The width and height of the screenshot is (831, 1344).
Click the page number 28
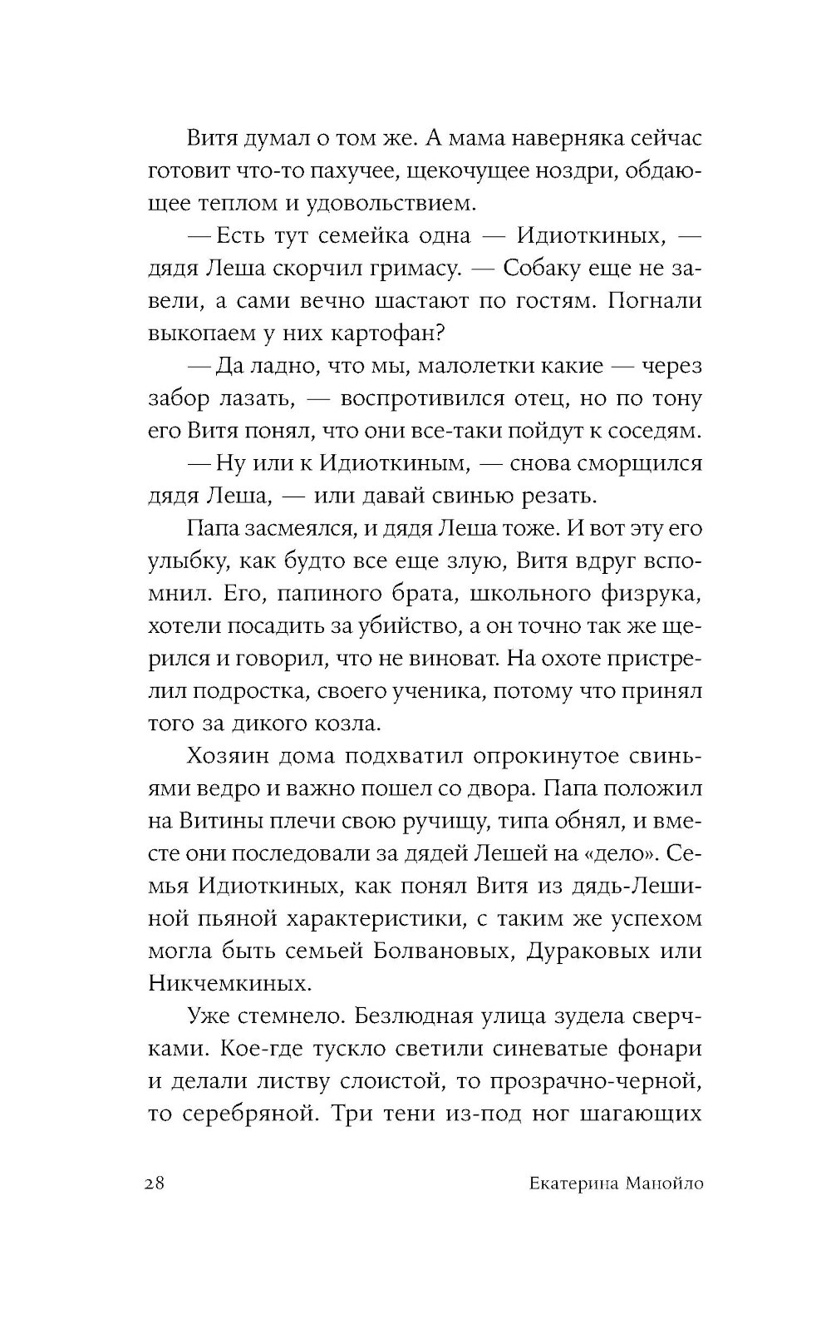click(x=157, y=1183)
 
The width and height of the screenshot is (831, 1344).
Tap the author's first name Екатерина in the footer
click(x=558, y=1183)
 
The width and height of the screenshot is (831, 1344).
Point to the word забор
click(x=178, y=398)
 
